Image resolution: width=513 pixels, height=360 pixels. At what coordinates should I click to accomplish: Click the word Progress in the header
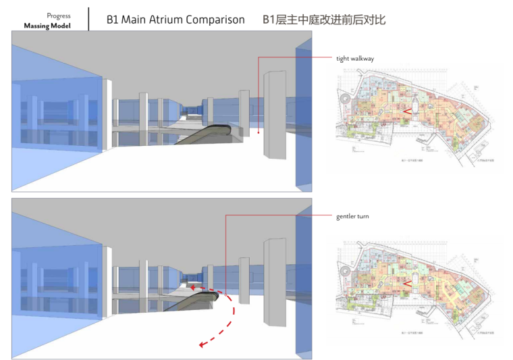click(59, 16)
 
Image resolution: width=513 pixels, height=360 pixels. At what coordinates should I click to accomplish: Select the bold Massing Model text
click(47, 26)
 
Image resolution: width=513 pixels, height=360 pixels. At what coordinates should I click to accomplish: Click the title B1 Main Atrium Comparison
click(175, 20)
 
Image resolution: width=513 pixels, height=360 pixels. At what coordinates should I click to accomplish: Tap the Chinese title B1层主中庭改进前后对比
click(324, 20)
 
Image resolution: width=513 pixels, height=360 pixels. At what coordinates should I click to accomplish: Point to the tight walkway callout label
click(355, 59)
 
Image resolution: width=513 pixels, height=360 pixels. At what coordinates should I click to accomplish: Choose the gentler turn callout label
click(352, 216)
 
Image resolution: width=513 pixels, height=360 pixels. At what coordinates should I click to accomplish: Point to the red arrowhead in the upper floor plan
click(407, 111)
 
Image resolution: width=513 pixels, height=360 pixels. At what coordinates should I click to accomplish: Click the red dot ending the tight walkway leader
click(258, 132)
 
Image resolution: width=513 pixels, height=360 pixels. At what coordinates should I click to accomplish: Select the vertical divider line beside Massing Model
click(88, 19)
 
